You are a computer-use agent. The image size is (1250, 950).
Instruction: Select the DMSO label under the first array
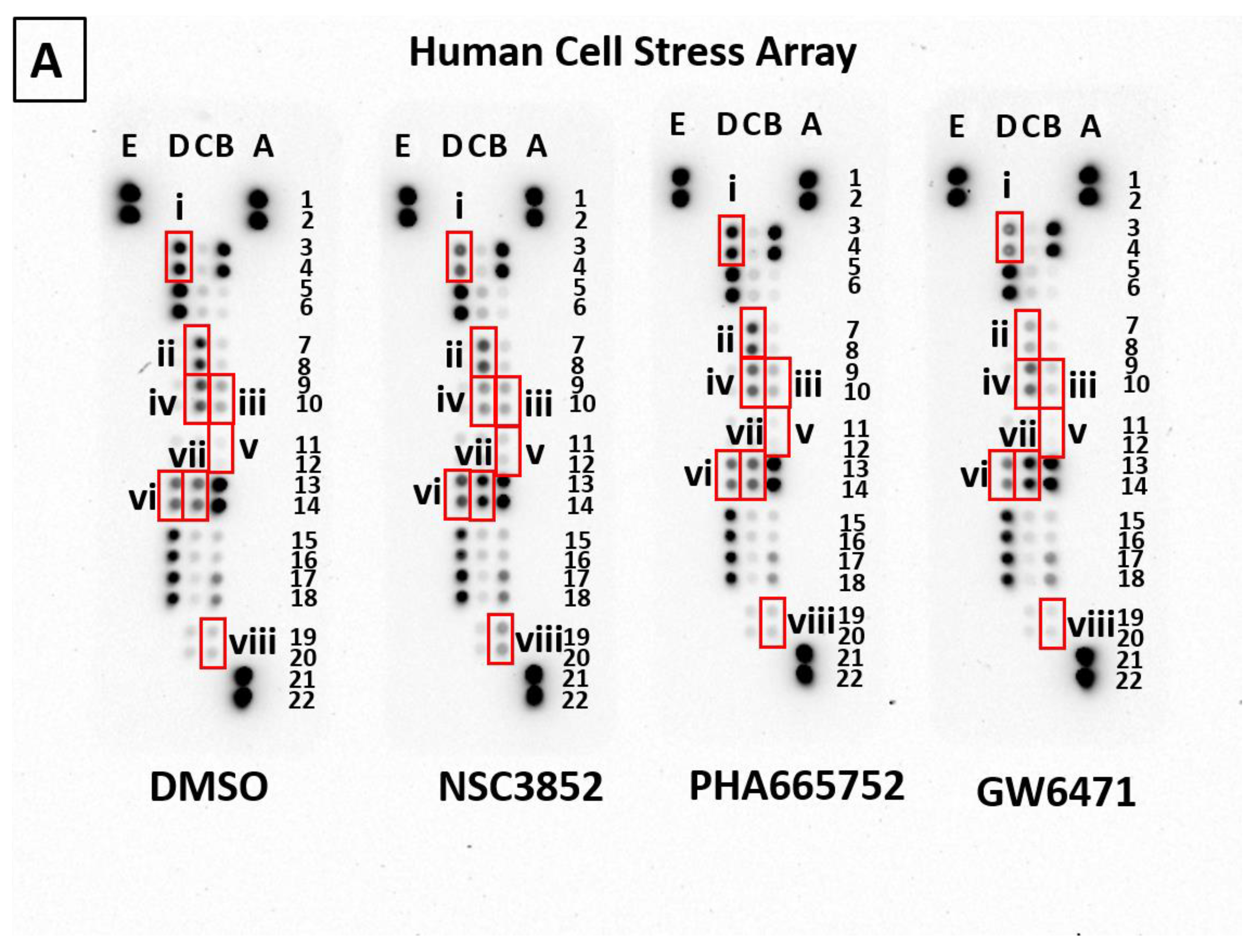tap(208, 787)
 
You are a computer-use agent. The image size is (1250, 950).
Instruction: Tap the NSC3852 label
tap(521, 787)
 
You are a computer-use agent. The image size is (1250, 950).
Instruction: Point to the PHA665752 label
tap(797, 785)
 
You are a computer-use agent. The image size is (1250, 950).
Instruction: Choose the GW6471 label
tap(1056, 792)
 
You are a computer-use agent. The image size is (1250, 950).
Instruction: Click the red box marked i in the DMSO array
tap(179, 256)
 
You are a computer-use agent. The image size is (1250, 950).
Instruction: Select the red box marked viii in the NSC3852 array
tap(501, 638)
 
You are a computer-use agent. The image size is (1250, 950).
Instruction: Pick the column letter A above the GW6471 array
tap(1090, 127)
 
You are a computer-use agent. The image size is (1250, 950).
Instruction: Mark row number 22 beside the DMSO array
tap(301, 700)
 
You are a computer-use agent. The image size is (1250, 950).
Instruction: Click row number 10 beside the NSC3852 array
tap(582, 403)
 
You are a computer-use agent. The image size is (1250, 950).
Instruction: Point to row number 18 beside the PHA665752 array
tap(852, 583)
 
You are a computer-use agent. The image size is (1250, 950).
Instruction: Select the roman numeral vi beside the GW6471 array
tap(974, 476)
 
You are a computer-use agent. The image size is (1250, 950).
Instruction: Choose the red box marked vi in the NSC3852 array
tap(457, 494)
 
